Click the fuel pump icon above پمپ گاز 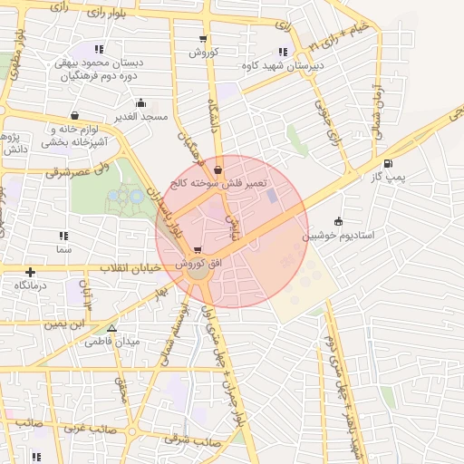click(x=389, y=164)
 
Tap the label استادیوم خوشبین click(x=344, y=234)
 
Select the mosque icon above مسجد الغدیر click(x=140, y=103)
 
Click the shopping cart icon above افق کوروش click(x=198, y=249)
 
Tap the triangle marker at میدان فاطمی click(x=112, y=329)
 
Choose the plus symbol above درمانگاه click(x=31, y=271)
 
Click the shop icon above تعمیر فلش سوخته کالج click(x=217, y=169)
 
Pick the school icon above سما click(x=63, y=236)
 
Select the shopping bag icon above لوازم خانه click(x=74, y=116)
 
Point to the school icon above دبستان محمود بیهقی click(x=99, y=49)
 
